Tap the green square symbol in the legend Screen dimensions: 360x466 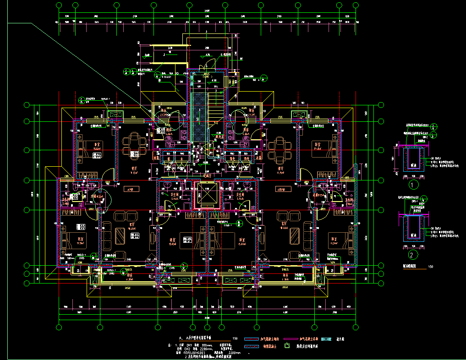[287, 346]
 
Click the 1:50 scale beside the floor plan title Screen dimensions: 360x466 [236, 338]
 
